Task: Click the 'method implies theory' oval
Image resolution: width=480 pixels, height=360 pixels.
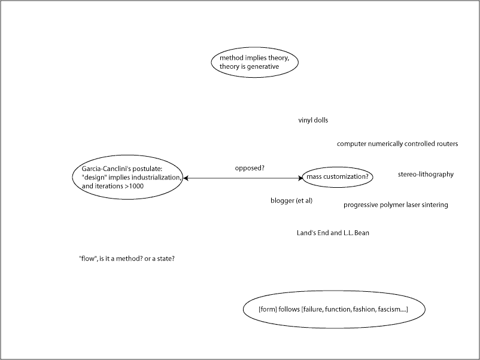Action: point(254,62)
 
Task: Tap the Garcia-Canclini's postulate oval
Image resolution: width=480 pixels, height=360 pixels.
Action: point(127,178)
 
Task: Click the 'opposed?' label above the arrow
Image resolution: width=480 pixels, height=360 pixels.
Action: point(250,168)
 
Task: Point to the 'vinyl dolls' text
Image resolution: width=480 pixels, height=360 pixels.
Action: point(313,120)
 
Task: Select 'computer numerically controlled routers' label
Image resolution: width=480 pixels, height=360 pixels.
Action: point(397,144)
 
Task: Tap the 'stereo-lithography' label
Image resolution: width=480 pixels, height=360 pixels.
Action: point(426,175)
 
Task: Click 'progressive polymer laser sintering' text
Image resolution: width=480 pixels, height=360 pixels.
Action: point(396,205)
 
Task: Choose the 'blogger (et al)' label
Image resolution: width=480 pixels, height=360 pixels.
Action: point(291,200)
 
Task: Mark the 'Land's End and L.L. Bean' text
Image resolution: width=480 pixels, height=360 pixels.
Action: point(333,233)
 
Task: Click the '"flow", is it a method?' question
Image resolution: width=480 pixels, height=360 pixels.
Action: point(126,259)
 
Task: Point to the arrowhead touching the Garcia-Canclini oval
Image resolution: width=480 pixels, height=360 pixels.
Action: point(186,178)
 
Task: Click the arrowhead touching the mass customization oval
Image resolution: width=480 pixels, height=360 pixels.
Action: point(301,178)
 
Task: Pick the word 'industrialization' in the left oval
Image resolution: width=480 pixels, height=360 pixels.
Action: point(155,178)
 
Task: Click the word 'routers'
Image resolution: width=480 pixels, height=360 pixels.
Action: point(446,144)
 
